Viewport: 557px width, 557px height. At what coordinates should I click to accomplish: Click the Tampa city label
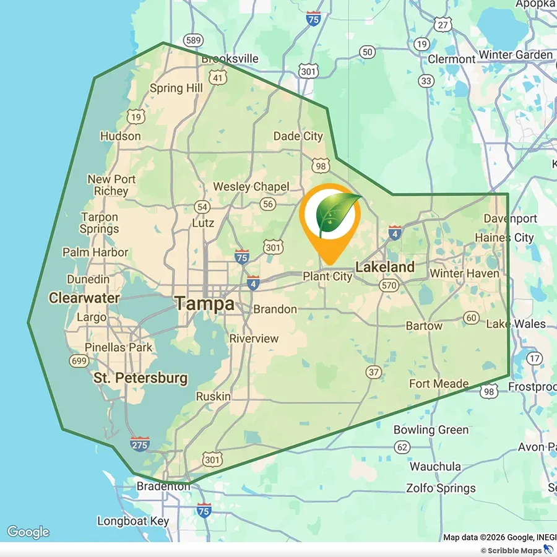point(204,304)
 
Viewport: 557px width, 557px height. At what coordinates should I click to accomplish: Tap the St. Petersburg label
point(140,378)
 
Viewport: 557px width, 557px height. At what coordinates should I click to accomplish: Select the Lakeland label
point(384,267)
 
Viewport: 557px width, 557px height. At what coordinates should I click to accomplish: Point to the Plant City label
point(327,277)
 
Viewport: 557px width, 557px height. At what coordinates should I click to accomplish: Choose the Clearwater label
point(84,298)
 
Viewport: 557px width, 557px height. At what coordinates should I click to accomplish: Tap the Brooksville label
point(230,59)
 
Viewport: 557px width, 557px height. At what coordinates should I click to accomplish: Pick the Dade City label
point(298,136)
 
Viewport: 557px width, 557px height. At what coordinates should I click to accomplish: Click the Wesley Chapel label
point(251,186)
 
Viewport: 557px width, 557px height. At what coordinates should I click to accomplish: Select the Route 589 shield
point(194,41)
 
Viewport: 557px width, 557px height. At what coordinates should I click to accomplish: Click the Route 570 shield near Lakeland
point(389,285)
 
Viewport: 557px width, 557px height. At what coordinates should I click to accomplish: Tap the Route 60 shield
point(471,318)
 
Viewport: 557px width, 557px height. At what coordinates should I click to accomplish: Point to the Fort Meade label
point(439,384)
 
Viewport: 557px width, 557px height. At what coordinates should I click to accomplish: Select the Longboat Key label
point(133,521)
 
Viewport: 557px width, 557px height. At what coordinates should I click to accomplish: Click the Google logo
point(28,532)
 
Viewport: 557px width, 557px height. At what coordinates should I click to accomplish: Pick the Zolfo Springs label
point(441,488)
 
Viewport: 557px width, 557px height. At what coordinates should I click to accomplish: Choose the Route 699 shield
point(79,361)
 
